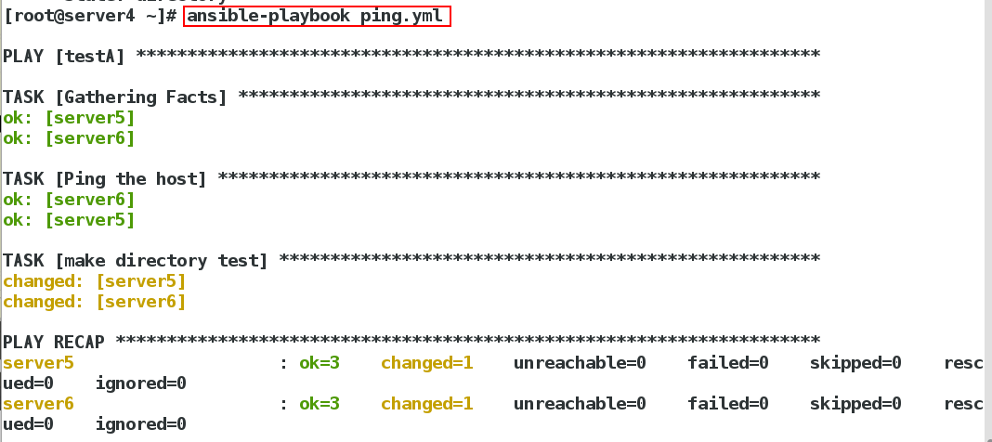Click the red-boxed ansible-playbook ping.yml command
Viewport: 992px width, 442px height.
point(317,16)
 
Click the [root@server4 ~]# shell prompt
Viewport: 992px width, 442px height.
point(90,16)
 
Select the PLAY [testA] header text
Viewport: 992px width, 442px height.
point(64,57)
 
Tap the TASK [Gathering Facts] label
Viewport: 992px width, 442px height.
point(115,97)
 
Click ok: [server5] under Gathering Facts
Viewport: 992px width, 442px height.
point(69,118)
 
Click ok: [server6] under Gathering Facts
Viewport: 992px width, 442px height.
point(69,138)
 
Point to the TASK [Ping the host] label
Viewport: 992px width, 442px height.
point(105,179)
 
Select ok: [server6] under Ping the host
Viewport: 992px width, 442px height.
point(69,200)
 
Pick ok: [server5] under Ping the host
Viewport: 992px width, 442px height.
point(69,220)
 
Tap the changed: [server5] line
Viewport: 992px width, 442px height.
point(95,281)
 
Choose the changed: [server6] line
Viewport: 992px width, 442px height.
point(95,302)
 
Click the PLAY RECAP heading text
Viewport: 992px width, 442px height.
point(54,343)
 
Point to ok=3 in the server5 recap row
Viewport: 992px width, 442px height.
point(320,363)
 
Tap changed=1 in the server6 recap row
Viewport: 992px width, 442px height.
point(427,404)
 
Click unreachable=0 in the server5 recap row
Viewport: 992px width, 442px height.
point(580,363)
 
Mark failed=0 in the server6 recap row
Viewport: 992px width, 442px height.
point(728,404)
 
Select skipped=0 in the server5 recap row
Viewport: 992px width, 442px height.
point(855,363)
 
